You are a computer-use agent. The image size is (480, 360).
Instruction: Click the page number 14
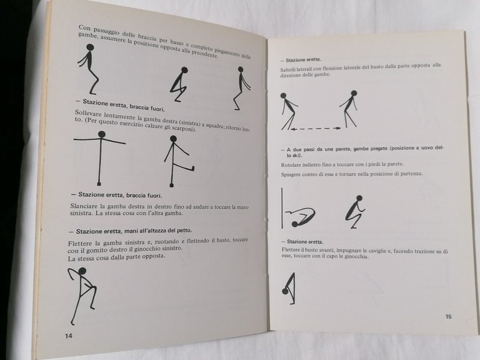click(69, 336)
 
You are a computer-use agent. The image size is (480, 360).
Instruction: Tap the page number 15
click(448, 316)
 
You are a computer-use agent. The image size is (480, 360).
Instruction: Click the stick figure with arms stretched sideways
click(101, 158)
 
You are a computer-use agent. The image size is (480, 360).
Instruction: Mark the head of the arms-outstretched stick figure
click(101, 134)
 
